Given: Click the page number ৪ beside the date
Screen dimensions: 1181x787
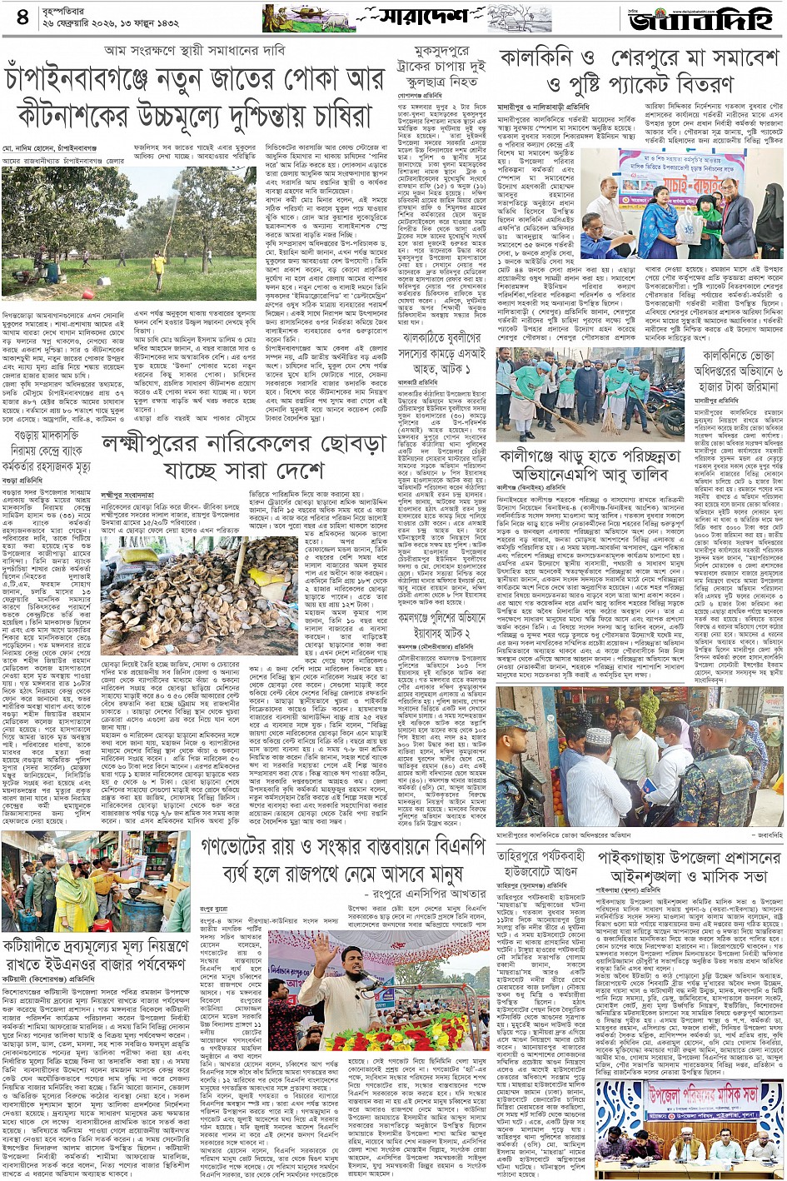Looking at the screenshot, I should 22,17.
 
